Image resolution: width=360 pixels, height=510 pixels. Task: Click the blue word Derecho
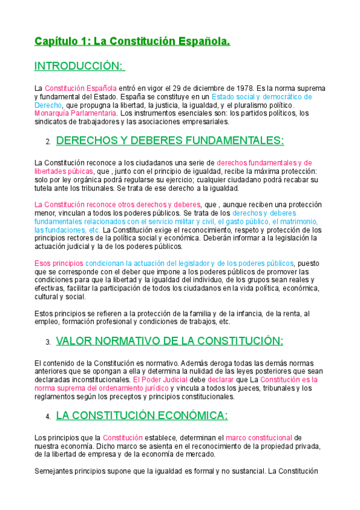48,105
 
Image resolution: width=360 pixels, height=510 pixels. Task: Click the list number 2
47,143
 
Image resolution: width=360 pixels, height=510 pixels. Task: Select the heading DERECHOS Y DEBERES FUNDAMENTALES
169,141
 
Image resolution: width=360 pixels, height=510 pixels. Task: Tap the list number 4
47,417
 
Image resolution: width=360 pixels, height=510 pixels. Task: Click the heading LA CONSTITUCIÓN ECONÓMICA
141,416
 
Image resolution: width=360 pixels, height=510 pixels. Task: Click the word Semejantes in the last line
56,472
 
